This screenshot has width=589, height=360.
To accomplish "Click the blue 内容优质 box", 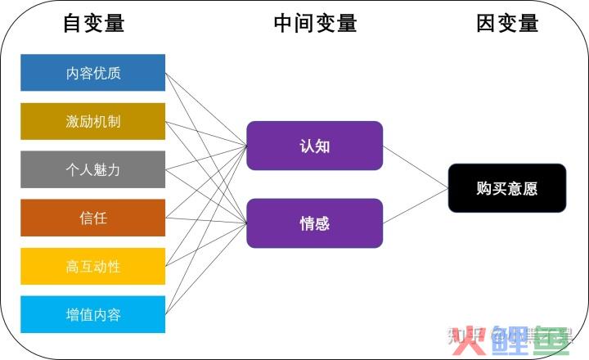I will [x=93, y=73].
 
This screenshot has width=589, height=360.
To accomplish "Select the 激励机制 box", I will [x=93, y=121].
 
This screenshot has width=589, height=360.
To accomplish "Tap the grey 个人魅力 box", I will [x=93, y=169].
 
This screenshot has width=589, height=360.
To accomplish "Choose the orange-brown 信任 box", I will [x=93, y=218].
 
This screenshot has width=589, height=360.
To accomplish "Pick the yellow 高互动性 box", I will [x=93, y=266].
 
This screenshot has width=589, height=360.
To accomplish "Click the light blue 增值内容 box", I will [x=93, y=314].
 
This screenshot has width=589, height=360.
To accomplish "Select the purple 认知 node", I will [x=314, y=146].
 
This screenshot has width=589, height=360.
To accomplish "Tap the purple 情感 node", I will [x=314, y=223].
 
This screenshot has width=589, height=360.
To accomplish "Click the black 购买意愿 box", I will [x=506, y=188].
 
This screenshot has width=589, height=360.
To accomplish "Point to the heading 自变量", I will [x=93, y=24].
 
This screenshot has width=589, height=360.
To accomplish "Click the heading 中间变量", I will [x=315, y=24].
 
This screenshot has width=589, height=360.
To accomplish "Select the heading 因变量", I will [x=507, y=24].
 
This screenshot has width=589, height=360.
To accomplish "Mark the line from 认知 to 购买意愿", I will [x=416, y=167].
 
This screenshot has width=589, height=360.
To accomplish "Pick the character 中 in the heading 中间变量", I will [x=284, y=24].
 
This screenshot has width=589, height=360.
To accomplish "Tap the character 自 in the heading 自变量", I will [x=73, y=24].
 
